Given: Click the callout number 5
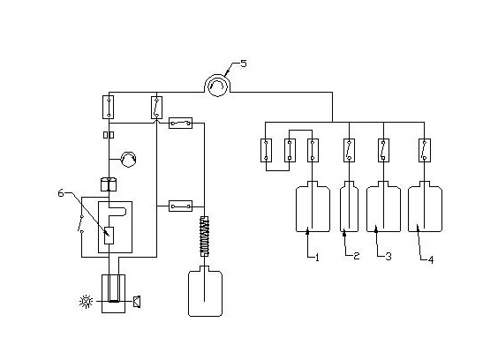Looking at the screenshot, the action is pos(244,64).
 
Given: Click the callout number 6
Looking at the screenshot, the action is pos(61,192).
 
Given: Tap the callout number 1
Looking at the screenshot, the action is pos(317,257).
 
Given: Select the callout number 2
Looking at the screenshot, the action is pos(357,256).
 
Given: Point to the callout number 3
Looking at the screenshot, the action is pos(389,256).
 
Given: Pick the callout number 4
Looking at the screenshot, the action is pos(431,260).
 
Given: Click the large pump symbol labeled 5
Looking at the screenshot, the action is pos(217,85).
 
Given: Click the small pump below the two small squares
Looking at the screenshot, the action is pos(129,159).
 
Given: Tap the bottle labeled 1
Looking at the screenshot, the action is pos(313,207).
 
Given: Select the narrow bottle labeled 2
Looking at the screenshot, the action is pos(350,207).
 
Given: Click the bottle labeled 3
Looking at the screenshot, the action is pos(384,207).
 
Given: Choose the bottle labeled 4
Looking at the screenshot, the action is pos(425,207).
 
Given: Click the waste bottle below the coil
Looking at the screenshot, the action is pos(205,291).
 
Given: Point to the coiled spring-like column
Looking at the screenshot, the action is pos(205,236).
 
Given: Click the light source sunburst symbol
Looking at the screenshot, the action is pos(86,301).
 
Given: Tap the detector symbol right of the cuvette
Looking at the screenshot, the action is pos(137,302).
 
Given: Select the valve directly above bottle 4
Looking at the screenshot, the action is pos(425,151).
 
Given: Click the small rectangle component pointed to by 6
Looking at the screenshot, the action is pos(109,236).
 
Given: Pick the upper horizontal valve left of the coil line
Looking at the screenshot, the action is pos(180,123).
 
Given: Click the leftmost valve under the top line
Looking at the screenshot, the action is pos(109,108).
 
